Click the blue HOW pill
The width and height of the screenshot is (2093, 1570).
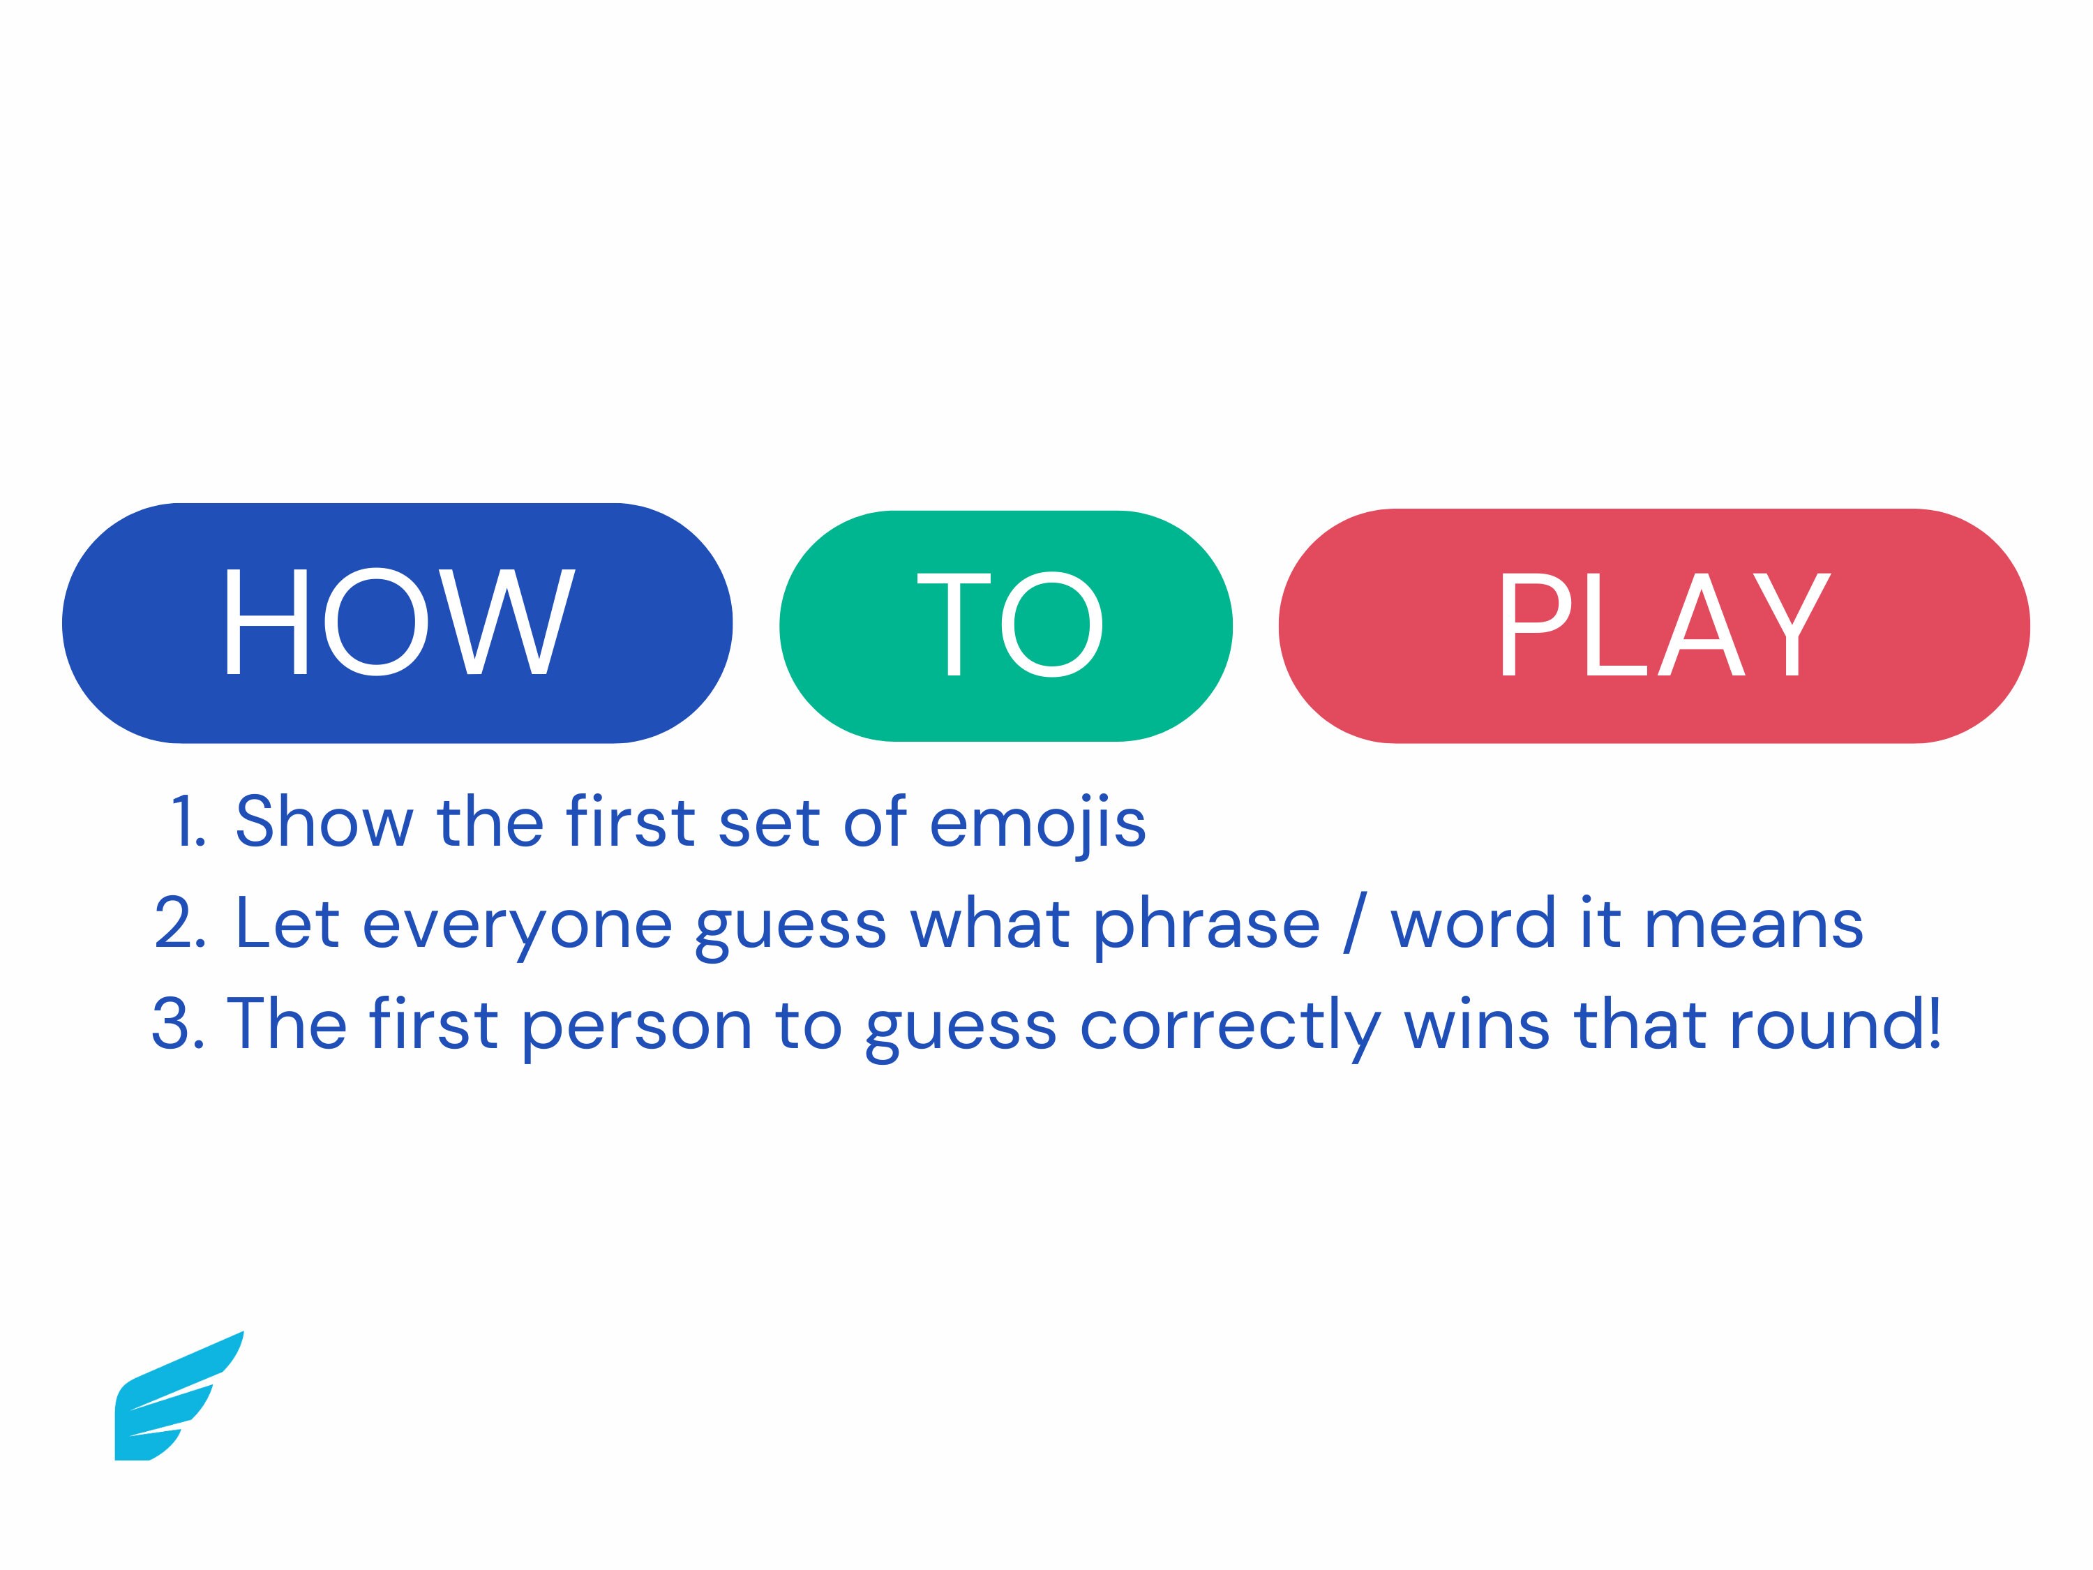[x=398, y=622]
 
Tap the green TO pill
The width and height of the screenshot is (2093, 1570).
[x=1006, y=625]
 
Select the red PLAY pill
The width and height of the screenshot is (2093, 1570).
[x=1654, y=625]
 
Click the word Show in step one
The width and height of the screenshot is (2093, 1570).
[x=324, y=821]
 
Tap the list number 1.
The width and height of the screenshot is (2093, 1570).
[x=188, y=821]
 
